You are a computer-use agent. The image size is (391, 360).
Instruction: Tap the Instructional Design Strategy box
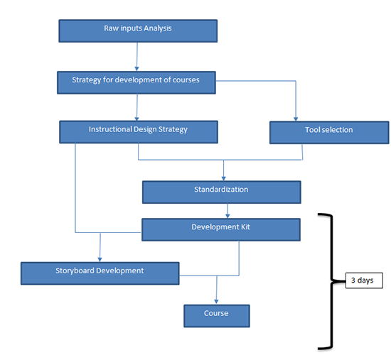138,132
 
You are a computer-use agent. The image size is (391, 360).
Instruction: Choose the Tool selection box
329,132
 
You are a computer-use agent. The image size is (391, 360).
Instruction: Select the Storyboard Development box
100,273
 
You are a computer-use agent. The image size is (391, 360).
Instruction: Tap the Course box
216,315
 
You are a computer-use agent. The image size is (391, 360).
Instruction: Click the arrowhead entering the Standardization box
224,178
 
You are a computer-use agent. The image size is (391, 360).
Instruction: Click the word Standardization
221,190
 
